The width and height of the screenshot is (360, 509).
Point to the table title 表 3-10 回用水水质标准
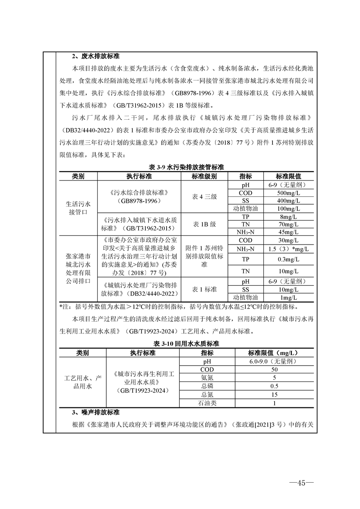coord(187,344)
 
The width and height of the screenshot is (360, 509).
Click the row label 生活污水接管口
coord(78,208)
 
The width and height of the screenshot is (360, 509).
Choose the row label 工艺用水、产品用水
coord(83,382)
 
